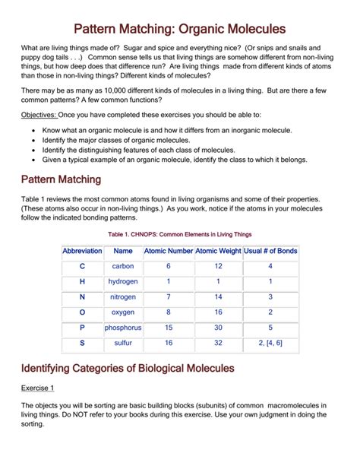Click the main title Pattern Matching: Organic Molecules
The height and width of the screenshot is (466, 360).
pyautogui.click(x=179, y=28)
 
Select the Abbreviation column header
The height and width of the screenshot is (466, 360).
pyautogui.click(x=82, y=251)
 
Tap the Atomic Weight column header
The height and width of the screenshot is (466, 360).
pyautogui.click(x=218, y=251)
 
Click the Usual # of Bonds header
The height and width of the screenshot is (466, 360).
pyautogui.click(x=270, y=251)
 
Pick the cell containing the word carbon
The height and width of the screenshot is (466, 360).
pyautogui.click(x=123, y=267)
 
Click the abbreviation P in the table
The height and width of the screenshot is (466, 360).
pyautogui.click(x=82, y=328)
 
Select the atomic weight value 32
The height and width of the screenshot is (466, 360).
pyautogui.click(x=218, y=343)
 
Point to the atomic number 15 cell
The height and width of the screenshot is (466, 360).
pyautogui.click(x=169, y=328)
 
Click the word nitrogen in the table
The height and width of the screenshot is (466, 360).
pyautogui.click(x=123, y=297)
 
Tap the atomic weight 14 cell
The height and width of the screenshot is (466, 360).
pyautogui.click(x=218, y=297)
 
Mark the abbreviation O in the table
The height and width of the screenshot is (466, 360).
pyautogui.click(x=82, y=312)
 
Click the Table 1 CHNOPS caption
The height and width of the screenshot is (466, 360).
pyautogui.click(x=179, y=234)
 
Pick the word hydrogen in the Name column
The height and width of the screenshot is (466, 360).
pyautogui.click(x=123, y=282)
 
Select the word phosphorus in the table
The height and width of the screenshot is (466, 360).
pyautogui.click(x=123, y=328)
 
